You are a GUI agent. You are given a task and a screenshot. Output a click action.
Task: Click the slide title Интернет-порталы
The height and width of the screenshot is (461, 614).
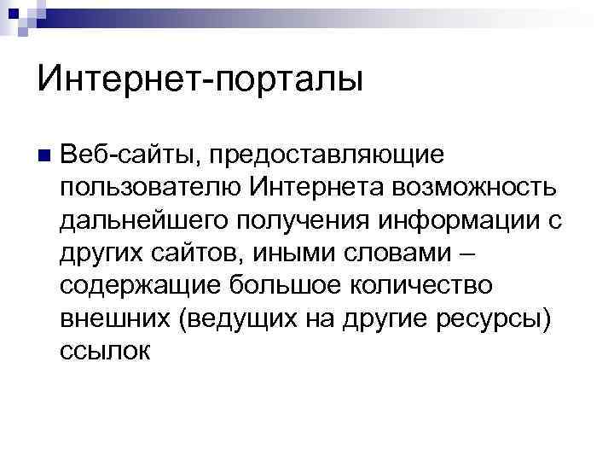(200, 81)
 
